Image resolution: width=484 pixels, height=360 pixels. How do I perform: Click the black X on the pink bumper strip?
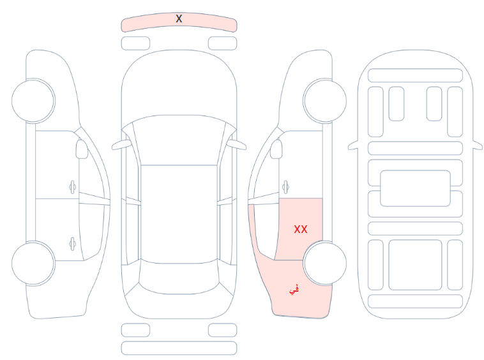pyautogui.click(x=179, y=19)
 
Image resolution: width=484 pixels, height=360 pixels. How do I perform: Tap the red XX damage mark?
pyautogui.click(x=301, y=229)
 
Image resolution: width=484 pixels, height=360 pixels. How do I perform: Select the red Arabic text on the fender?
pyautogui.click(x=294, y=290)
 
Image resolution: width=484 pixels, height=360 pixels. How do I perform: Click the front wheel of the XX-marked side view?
pyautogui.click(x=325, y=101)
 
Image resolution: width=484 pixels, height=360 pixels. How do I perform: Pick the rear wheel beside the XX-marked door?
pyautogui.click(x=325, y=263)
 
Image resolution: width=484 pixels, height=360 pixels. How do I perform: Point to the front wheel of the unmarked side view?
pyautogui.click(x=33, y=101)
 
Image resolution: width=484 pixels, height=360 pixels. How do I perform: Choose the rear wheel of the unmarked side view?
pyautogui.click(x=33, y=263)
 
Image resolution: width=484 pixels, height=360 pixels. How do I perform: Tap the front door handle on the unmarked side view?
pyautogui.click(x=73, y=187)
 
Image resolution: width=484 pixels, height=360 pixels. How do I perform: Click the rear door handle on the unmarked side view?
pyautogui.click(x=73, y=244)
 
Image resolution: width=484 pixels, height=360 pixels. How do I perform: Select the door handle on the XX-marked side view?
pyautogui.click(x=285, y=187)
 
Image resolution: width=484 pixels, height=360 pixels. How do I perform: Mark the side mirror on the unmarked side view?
pyautogui.click(x=82, y=149)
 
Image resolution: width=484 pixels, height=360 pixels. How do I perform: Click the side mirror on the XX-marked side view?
pyautogui.click(x=276, y=149)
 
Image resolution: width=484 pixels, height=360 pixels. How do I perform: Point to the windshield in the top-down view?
pyautogui.click(x=179, y=140)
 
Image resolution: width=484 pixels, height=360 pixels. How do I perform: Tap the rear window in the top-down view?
pyautogui.click(x=179, y=278)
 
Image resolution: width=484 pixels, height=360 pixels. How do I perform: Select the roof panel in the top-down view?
pyautogui.click(x=179, y=213)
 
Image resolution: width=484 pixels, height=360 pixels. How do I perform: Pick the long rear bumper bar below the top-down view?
pyautogui.click(x=179, y=348)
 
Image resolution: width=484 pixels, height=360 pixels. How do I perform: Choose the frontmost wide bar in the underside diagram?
pyautogui.click(x=415, y=75)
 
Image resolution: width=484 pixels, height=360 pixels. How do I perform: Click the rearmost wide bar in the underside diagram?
pyautogui.click(x=415, y=301)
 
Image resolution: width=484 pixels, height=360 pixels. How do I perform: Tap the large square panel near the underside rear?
pyautogui.click(x=415, y=265)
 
